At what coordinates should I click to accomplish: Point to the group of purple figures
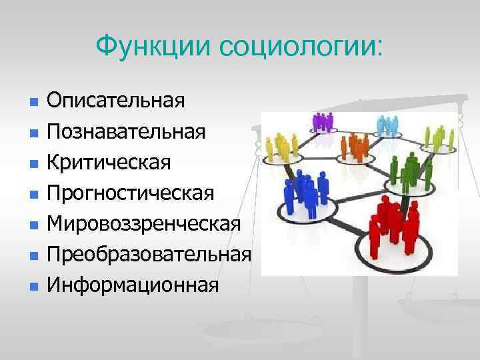[x=323, y=123]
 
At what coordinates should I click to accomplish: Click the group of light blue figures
[x=388, y=125]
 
